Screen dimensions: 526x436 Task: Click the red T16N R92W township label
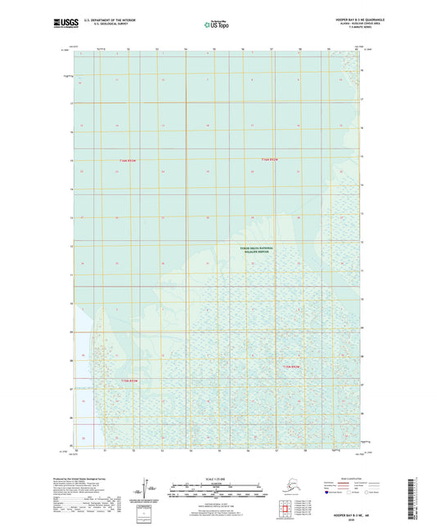pos(270,158)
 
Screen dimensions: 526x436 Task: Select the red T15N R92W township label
pos(292,368)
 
